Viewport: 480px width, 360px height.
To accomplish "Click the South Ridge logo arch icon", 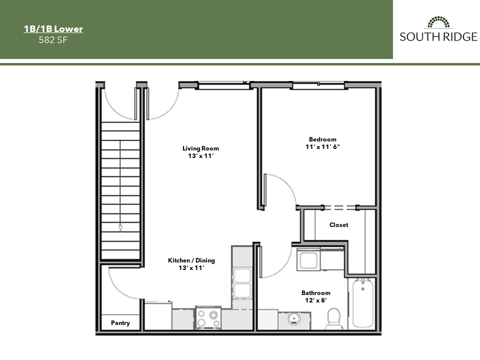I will click(x=438, y=22).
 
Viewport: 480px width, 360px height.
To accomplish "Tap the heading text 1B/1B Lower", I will click(x=53, y=29).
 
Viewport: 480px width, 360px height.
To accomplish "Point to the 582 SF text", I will click(x=53, y=40).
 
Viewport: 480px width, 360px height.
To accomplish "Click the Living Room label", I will click(x=200, y=148).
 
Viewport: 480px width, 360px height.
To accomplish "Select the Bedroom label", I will click(x=322, y=139).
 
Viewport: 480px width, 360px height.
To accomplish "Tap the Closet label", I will click(x=338, y=225).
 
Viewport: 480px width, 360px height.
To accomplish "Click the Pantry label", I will click(x=120, y=323).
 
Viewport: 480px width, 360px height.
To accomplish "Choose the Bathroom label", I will click(x=315, y=293).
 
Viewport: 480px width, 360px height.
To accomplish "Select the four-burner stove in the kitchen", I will click(x=207, y=317).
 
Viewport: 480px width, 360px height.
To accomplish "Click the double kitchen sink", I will click(x=242, y=282).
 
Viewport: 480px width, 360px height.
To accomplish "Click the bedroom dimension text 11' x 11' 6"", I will click(x=322, y=147).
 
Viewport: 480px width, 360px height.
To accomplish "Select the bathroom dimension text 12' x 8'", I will click(x=315, y=300).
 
